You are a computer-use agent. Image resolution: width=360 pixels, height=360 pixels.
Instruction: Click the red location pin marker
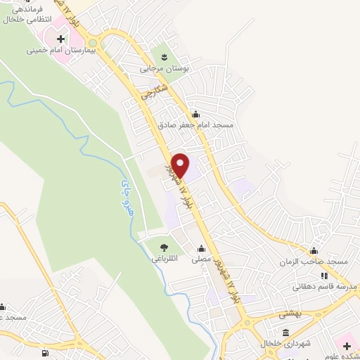click(181, 165)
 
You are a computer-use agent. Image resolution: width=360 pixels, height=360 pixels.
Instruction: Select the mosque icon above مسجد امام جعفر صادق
click(196, 115)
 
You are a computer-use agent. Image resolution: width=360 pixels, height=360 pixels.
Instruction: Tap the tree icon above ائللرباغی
click(163, 247)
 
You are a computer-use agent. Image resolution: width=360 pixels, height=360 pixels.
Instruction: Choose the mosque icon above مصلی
click(202, 248)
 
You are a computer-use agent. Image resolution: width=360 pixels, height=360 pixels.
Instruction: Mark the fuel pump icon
click(45, 353)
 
